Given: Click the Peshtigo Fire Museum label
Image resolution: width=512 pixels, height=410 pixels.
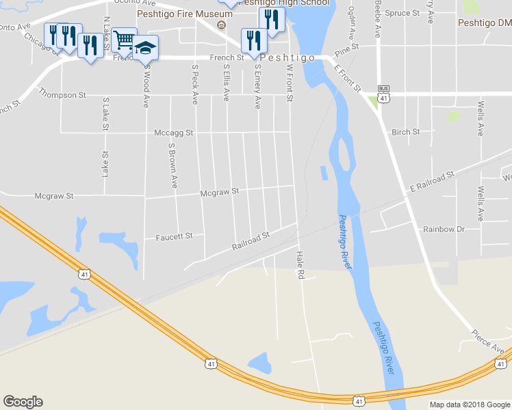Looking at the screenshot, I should pos(180,14).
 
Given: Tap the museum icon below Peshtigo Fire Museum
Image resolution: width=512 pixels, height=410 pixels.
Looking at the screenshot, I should pos(221,27).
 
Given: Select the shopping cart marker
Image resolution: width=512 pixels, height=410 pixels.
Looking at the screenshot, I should pos(124,40).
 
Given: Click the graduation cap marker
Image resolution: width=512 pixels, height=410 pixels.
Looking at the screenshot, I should pos(145,48).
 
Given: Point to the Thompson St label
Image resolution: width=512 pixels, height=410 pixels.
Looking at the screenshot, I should pos(62,94).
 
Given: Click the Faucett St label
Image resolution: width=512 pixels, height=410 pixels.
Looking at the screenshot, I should pos(175,236).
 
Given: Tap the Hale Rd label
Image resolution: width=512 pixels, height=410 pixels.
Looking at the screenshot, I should pos(299,265).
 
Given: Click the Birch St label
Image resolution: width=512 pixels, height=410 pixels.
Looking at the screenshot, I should pos(405,133).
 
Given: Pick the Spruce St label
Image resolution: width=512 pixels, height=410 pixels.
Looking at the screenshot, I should pos(403,14).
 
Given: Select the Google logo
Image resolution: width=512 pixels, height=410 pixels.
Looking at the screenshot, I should pos(23,402).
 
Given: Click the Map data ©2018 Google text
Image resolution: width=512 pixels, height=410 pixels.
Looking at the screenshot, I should pos(470,405).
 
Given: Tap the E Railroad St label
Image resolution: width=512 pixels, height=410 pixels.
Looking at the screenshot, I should pos(432,182).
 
